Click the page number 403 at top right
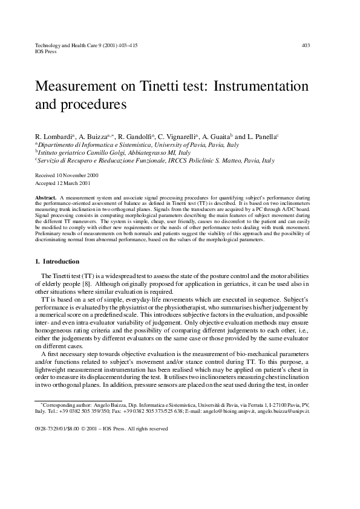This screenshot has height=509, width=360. coord(306,45)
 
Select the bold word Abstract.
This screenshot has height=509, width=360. coord(47,198)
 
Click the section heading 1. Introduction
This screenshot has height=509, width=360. coord(57,262)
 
